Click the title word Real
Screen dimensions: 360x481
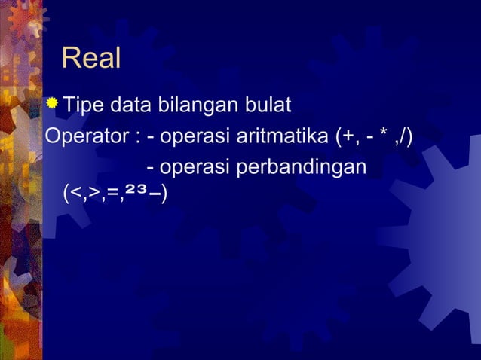coord(91,58)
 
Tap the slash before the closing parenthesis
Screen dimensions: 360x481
coord(405,137)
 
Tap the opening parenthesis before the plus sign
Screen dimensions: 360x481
coord(342,137)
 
